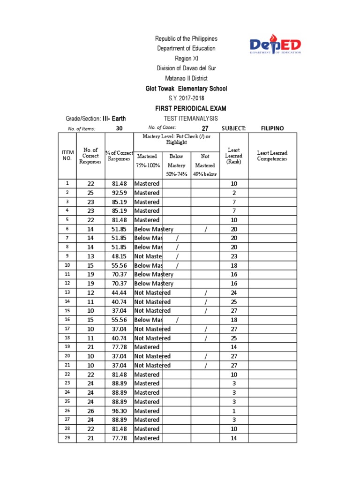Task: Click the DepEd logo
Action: tap(275, 46)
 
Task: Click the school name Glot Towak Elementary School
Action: tap(187, 89)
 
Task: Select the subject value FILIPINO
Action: tap(272, 128)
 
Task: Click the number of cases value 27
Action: tap(205, 128)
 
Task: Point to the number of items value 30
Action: tap(119, 128)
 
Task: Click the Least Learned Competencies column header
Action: tap(272, 156)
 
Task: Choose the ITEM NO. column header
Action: tap(67, 155)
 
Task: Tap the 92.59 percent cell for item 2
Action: tap(119, 193)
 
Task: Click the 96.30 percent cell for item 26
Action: tap(119, 411)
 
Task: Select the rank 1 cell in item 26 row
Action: tap(233, 411)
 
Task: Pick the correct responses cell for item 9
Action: tap(90, 256)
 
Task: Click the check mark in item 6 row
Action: tap(205, 229)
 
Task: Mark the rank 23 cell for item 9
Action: tap(233, 256)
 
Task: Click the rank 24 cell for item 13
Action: tap(233, 292)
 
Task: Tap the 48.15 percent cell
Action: tap(119, 256)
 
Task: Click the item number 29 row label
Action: tap(67, 438)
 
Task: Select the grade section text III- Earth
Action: tap(114, 119)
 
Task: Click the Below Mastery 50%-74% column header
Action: tap(176, 165)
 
